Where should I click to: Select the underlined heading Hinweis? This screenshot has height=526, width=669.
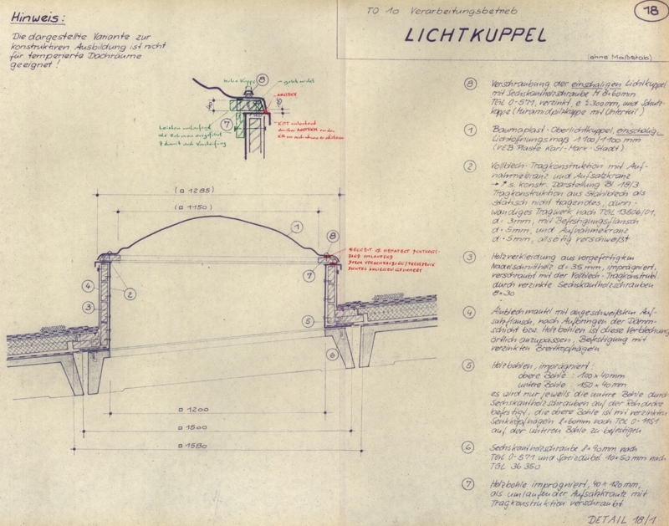point(35,16)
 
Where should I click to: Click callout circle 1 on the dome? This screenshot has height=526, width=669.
point(295,227)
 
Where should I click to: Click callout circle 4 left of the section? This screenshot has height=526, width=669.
point(86,286)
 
